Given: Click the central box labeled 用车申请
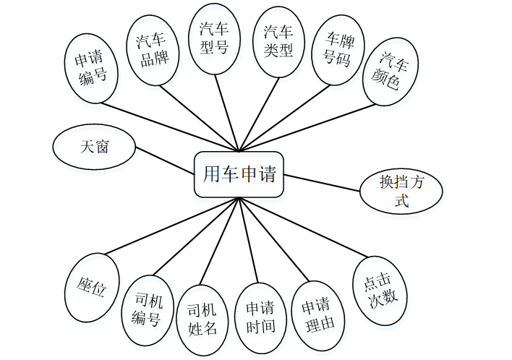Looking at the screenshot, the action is click(x=239, y=174).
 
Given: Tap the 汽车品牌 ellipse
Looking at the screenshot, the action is click(x=153, y=49).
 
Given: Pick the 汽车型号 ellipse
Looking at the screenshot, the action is click(x=214, y=38).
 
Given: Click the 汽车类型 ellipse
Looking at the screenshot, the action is click(x=278, y=41).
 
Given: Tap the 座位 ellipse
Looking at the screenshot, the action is click(x=92, y=288).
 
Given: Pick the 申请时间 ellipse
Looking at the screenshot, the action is click(x=260, y=318).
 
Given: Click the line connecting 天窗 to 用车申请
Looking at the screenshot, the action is click(x=165, y=160).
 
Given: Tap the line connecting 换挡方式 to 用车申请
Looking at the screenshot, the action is click(x=322, y=184).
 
